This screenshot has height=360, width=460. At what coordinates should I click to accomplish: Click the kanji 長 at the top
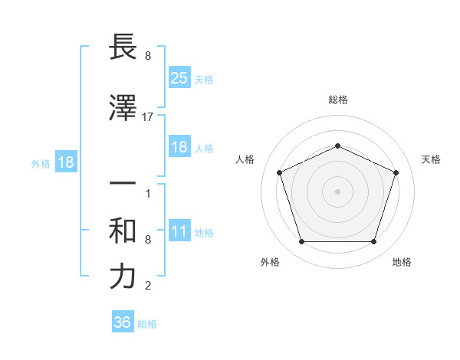(x=123, y=48)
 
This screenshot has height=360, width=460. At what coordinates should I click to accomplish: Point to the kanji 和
(x=123, y=231)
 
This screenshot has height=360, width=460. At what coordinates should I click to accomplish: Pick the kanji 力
(x=123, y=277)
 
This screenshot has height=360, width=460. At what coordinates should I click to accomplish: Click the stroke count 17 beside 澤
(x=148, y=117)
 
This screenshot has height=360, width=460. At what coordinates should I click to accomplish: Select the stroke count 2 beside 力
(x=148, y=286)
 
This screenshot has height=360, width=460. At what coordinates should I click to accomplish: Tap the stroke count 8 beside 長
(x=148, y=56)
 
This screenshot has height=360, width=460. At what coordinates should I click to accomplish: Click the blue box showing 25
(x=179, y=77)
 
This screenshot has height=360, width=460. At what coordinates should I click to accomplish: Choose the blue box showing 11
(x=179, y=232)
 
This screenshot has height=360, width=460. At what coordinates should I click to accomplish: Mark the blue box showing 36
(x=123, y=322)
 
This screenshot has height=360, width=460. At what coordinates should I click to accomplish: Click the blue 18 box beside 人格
(x=179, y=147)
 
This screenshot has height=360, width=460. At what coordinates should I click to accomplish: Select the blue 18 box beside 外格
(x=65, y=163)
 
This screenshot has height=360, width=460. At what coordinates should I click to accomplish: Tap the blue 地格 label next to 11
(x=204, y=233)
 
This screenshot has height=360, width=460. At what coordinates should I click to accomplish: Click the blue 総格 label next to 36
(x=147, y=324)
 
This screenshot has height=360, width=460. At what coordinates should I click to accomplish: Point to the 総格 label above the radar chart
(x=338, y=100)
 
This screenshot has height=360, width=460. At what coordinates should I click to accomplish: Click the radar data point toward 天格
(x=396, y=172)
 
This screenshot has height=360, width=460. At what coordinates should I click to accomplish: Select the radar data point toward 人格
(x=280, y=172)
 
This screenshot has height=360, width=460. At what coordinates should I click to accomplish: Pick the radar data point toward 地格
(x=373, y=242)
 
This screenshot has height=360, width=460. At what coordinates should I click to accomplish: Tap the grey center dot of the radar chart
(x=338, y=191)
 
